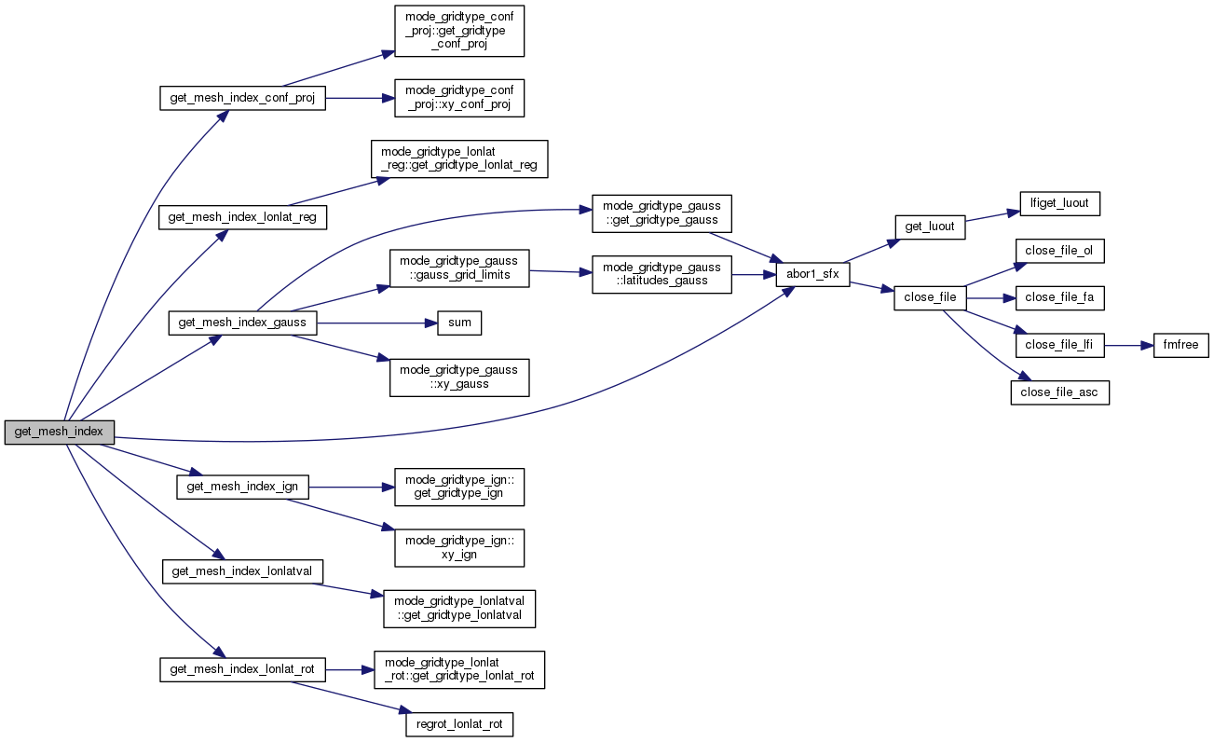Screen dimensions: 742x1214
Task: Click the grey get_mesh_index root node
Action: click(59, 433)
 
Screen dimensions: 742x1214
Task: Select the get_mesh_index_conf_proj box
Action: click(242, 98)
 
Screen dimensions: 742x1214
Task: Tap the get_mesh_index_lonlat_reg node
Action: click(242, 217)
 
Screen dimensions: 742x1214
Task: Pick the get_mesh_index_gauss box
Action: click(242, 323)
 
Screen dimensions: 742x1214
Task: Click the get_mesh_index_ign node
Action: click(242, 487)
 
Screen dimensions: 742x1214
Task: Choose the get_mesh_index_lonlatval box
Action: click(242, 570)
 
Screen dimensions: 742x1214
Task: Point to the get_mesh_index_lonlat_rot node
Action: click(242, 669)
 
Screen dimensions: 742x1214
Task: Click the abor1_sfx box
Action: click(812, 274)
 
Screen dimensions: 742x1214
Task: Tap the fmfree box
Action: click(1181, 345)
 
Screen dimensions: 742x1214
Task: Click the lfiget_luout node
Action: click(1047, 202)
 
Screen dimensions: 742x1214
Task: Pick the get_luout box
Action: click(929, 227)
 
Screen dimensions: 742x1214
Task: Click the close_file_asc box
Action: click(1059, 392)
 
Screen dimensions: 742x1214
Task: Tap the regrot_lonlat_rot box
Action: click(459, 724)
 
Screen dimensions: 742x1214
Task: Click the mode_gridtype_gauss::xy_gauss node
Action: click(459, 377)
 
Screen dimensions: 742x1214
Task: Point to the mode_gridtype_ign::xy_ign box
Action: click(459, 547)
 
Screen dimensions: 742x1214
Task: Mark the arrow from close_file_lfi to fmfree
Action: click(1128, 345)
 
